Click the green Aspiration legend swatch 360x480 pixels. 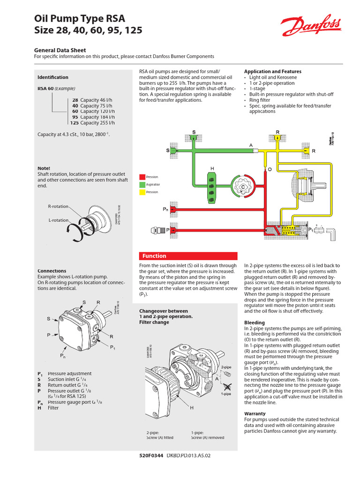tap(142, 185)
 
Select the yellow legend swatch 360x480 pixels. tap(142, 192)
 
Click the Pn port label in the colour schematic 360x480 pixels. tap(165, 209)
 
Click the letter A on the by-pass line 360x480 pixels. tap(251, 145)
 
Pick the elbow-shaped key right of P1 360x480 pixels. tap(332, 232)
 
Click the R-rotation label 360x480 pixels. tap(58, 206)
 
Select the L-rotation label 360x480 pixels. tap(58, 220)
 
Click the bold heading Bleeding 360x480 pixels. tap(255, 322)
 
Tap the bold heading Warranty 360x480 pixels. tap(255, 413)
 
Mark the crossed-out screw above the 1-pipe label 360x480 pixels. tap(227, 386)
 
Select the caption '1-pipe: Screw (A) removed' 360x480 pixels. tap(207, 435)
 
